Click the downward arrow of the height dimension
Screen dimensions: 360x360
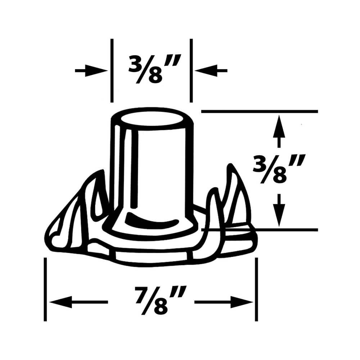click(279, 212)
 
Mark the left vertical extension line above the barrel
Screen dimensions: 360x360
click(112, 71)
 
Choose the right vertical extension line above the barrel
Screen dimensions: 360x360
click(191, 71)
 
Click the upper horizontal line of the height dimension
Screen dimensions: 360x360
click(259, 112)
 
